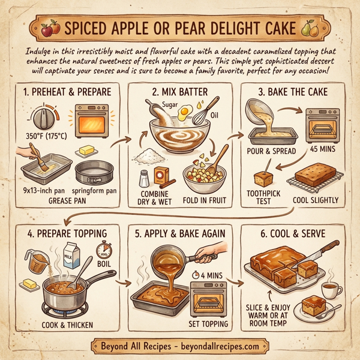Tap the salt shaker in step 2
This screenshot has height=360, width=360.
coord(143,179)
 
